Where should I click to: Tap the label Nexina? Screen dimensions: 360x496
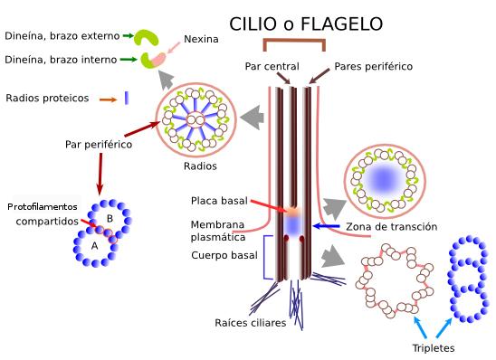[x=201, y=40]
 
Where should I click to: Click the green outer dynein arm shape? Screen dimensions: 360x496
[x=145, y=38]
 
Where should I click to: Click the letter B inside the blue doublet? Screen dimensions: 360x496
[x=110, y=219]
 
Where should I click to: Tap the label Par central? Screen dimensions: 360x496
[x=272, y=66]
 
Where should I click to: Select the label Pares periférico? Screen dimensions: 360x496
[x=373, y=66]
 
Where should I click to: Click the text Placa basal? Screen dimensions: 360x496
[x=218, y=200]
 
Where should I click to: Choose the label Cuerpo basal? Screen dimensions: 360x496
[x=223, y=256]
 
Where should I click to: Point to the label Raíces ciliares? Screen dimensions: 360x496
[x=251, y=322]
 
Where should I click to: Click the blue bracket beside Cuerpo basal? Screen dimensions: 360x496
[x=265, y=256]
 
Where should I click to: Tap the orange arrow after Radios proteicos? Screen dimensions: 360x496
[x=108, y=99]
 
